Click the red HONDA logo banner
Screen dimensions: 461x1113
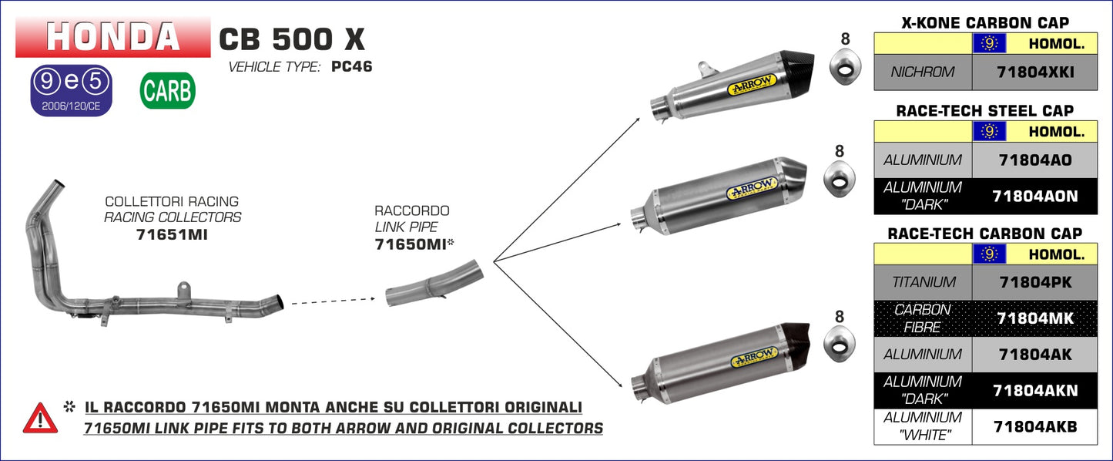112,36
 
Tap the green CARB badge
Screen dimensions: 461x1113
167,91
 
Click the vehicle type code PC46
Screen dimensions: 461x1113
351,66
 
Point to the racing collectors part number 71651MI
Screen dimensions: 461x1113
172,234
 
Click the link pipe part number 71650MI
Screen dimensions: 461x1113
410,244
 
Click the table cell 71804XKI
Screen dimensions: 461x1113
1035,72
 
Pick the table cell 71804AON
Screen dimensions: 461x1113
1035,197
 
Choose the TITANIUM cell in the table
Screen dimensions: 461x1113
923,283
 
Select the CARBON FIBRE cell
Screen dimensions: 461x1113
923,318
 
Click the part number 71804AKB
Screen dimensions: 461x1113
1035,426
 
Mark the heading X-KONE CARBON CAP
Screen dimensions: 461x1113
985,23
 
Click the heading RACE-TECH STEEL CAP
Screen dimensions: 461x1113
985,111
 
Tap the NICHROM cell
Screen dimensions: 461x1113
923,72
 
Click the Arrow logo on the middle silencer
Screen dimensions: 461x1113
750,190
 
